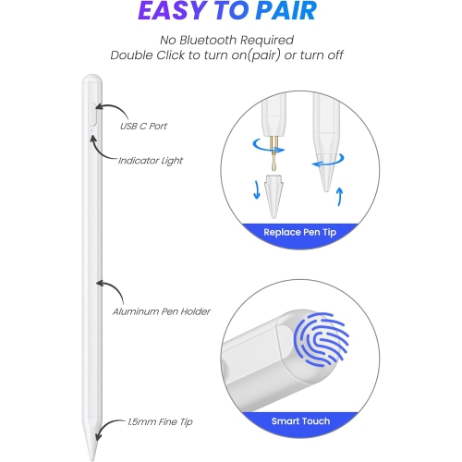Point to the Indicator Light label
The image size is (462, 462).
pos(151,160)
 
